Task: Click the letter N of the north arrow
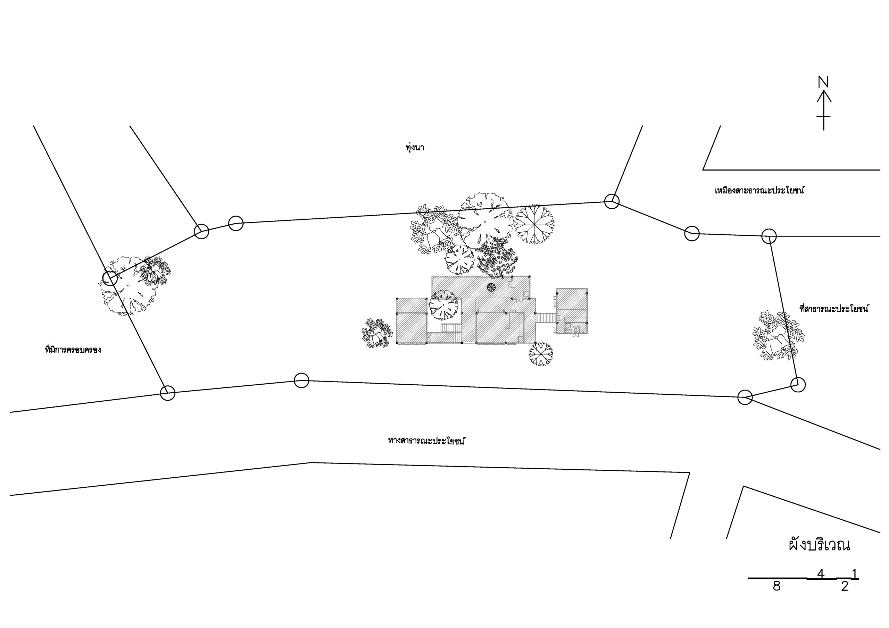coord(823,82)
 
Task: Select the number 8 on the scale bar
coord(776,597)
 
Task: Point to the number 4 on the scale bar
coord(821,585)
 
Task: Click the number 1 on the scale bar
coord(854,585)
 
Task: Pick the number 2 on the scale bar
coord(845,597)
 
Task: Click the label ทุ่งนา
coord(415,148)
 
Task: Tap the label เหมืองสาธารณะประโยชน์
coord(759,191)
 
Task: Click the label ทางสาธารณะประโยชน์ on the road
coord(426,441)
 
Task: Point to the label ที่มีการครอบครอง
coord(73,350)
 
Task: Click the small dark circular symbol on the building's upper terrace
coord(491,287)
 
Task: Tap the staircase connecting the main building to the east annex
coord(546,318)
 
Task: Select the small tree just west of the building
coord(375,333)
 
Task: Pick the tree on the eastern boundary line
coord(778,336)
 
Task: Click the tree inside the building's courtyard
coord(443,305)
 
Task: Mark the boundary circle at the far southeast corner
coord(798,384)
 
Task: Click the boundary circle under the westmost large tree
coord(110,278)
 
